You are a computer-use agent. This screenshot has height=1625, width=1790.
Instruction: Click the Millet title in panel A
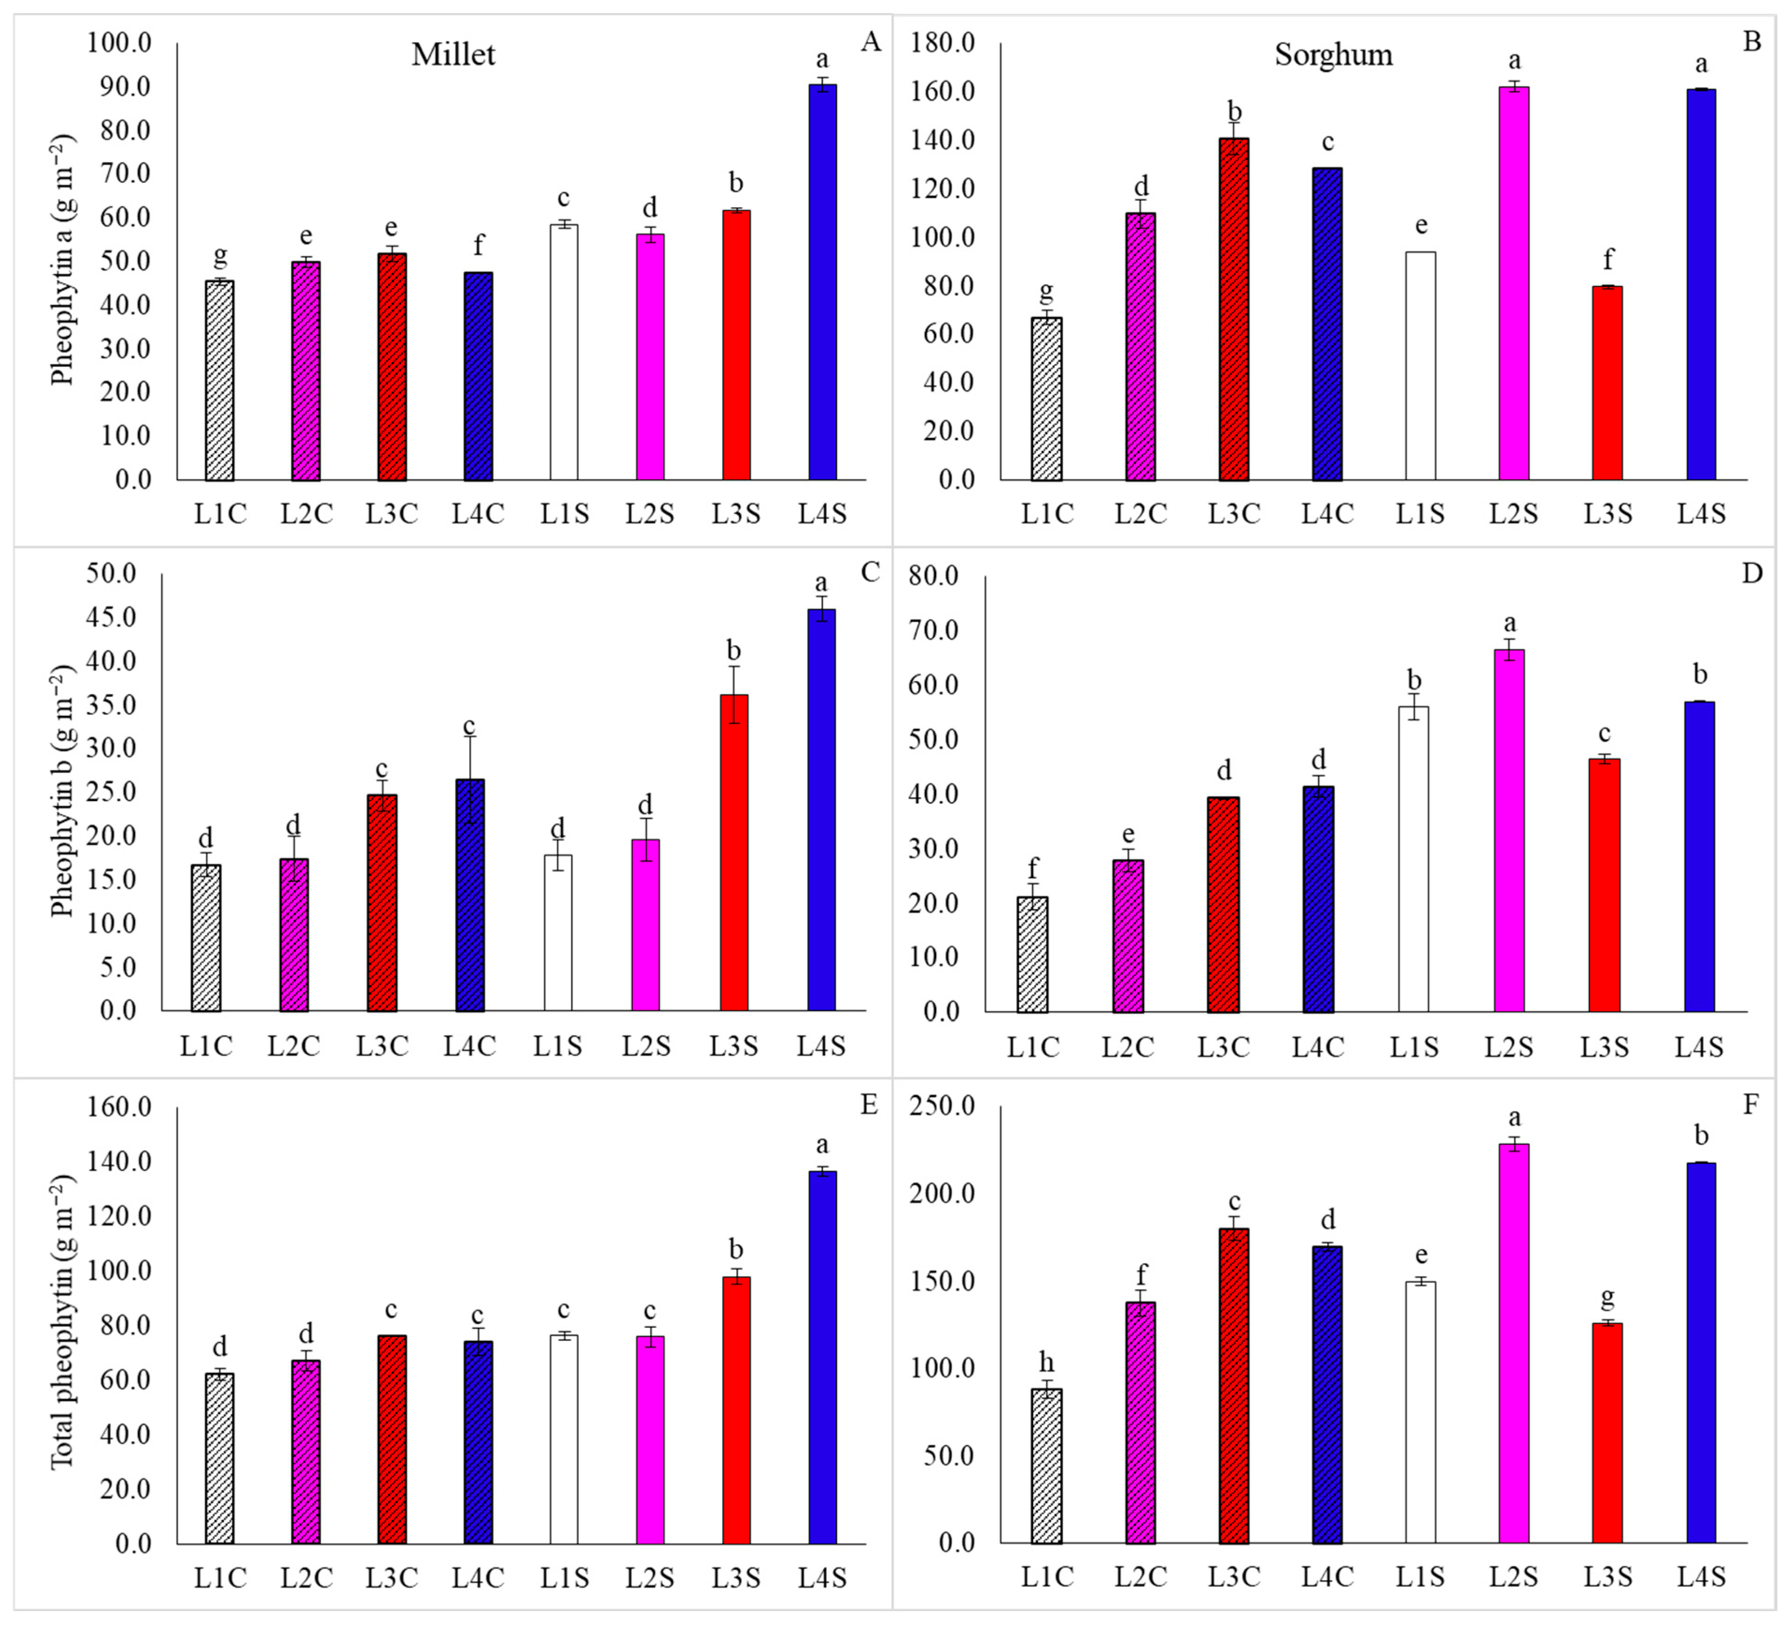click(x=453, y=55)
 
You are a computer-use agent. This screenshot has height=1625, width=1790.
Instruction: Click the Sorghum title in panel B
click(x=1334, y=55)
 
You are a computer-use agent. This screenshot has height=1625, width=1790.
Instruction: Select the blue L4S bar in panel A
click(x=822, y=284)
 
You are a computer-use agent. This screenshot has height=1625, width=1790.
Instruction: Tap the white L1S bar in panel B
click(x=1420, y=366)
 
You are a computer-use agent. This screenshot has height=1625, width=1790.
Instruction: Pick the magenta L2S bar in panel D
click(x=1509, y=830)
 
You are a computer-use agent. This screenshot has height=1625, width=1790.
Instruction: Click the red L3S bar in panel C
click(x=734, y=852)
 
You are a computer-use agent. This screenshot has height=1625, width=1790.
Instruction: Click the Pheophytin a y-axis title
click(x=62, y=259)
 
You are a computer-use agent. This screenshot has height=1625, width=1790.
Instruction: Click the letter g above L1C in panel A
click(x=220, y=256)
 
